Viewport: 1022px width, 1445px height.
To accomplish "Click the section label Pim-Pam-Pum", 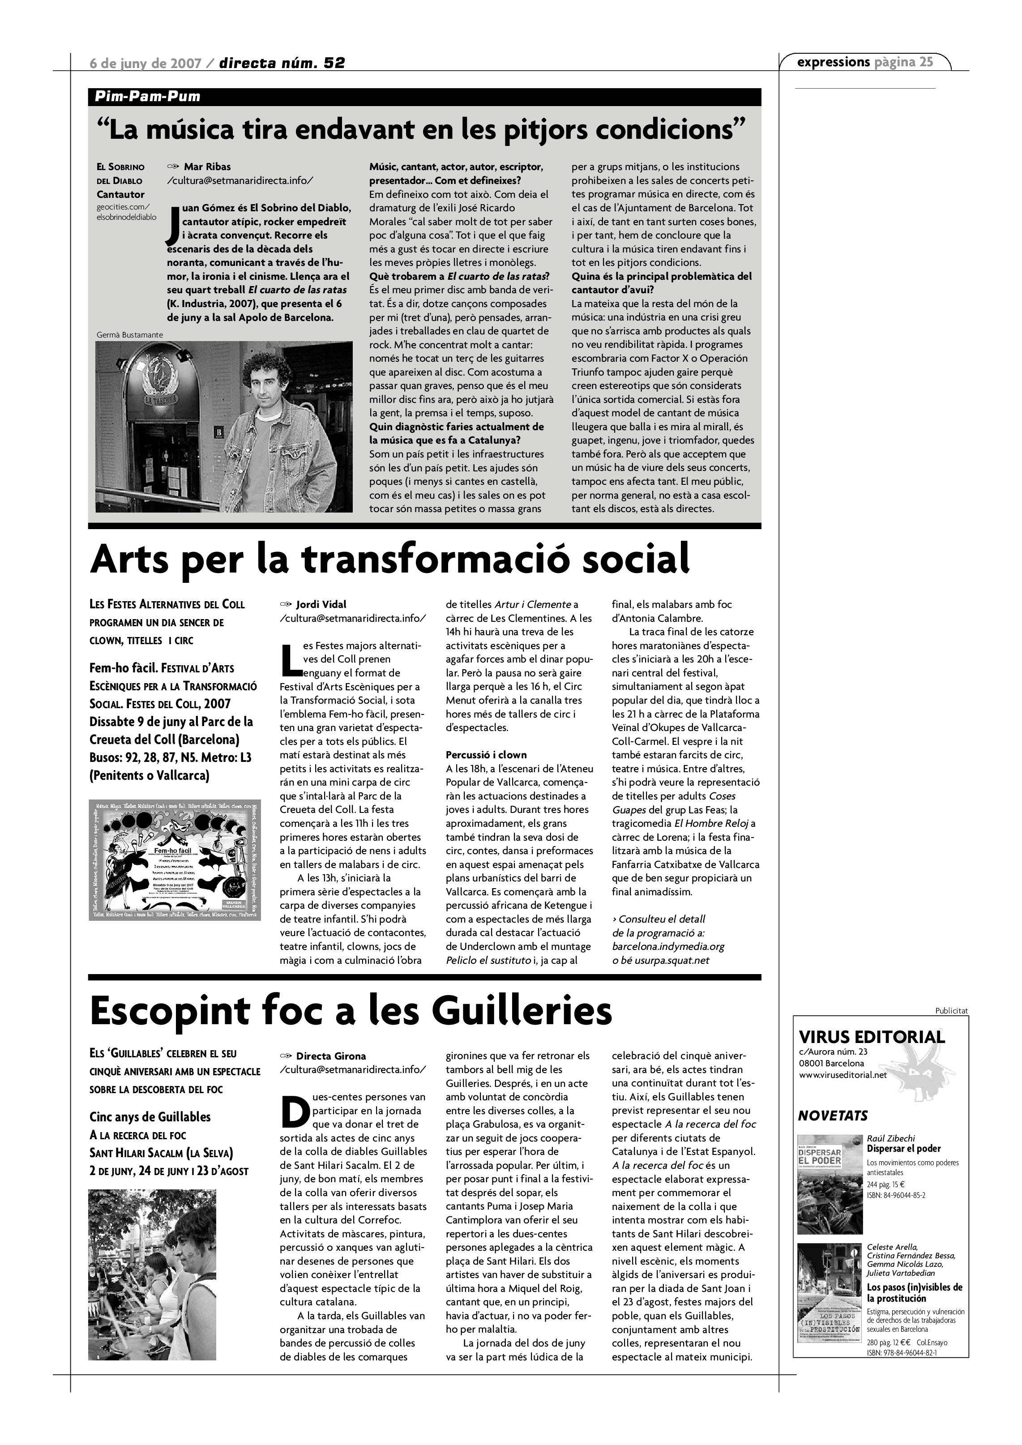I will coord(147,96).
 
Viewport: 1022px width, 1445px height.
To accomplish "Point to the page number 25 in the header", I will coord(926,62).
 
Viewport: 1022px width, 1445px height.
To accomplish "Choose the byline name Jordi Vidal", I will coord(321,604).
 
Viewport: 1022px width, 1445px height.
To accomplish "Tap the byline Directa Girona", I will coord(330,1056).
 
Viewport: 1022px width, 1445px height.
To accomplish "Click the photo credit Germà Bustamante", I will coord(130,335).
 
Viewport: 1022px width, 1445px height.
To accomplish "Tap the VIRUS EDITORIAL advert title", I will coord(871,1037).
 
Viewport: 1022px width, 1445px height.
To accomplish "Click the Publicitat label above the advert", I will coord(951,1011).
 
